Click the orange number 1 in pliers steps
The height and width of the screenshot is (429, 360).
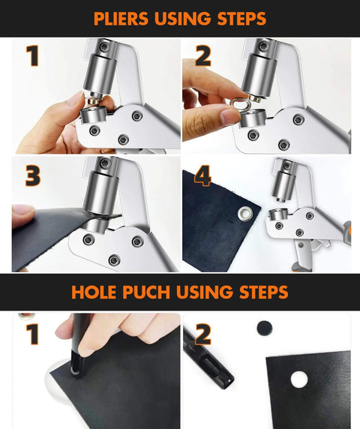[31, 56]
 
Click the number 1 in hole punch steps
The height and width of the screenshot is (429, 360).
[31, 334]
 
